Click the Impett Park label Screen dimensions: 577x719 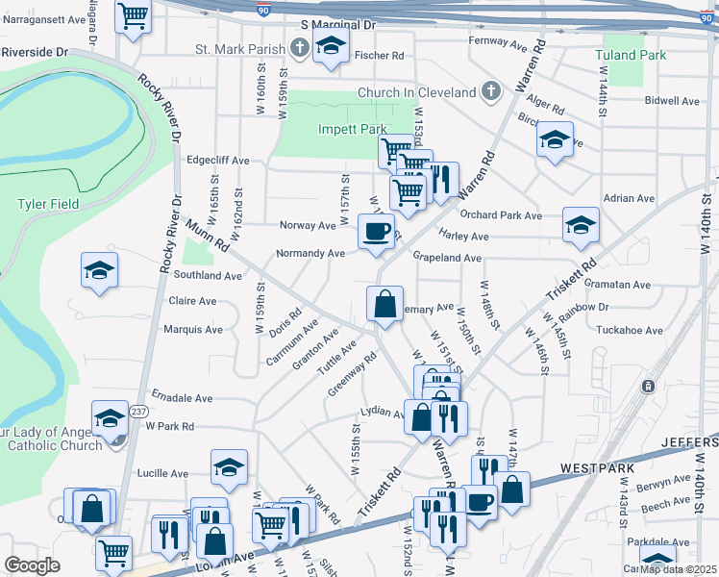coord(352,129)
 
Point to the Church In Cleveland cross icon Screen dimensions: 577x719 coord(490,92)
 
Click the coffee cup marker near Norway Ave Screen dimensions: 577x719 coord(376,231)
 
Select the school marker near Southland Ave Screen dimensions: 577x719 coord(99,271)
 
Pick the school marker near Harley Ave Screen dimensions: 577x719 coord(581,225)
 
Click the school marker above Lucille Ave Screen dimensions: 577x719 coord(230,467)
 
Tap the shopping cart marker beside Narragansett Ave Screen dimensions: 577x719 coord(133,14)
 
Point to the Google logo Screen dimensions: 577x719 coord(33,564)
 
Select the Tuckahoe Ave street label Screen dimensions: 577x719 coord(630,330)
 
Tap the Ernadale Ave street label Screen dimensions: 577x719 coord(182,397)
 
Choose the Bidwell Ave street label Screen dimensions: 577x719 coord(672,100)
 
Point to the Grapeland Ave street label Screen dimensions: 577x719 coord(446,258)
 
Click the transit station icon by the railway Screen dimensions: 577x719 coord(648,386)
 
